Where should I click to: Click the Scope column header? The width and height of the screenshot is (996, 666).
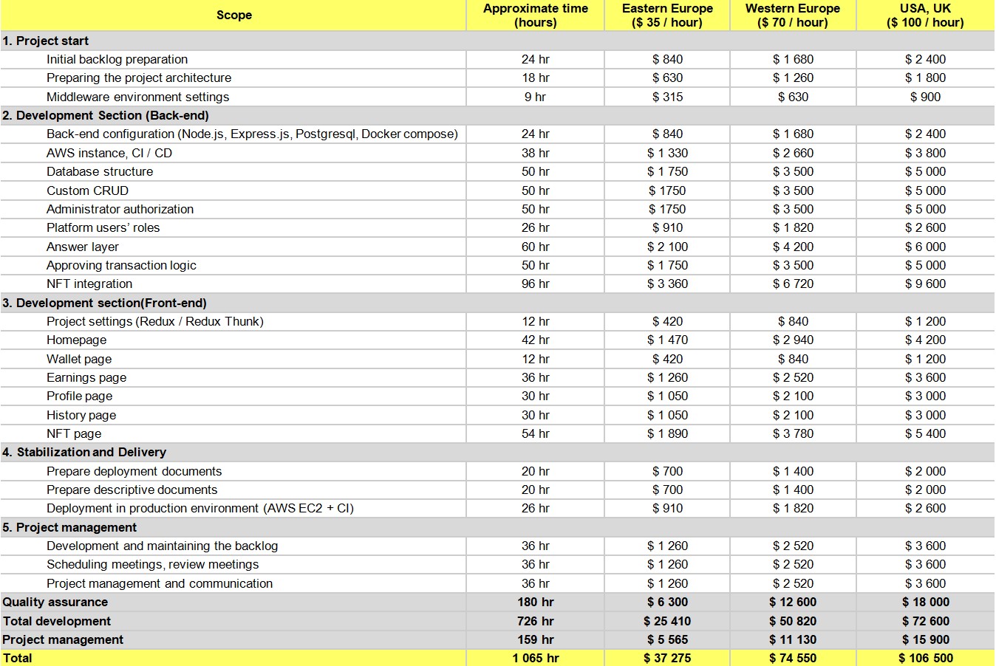point(233,15)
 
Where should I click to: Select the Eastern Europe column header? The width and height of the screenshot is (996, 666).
point(667,15)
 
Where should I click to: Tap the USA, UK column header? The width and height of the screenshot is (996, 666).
point(925,15)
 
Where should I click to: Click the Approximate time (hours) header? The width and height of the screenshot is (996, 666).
point(535,15)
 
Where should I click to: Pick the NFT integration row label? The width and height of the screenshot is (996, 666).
point(89,284)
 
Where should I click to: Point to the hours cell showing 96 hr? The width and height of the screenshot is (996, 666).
point(535,284)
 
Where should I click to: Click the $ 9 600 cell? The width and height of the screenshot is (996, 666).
point(925,284)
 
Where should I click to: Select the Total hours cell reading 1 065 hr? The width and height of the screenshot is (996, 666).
point(535,658)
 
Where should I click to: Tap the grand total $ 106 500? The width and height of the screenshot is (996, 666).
point(925,658)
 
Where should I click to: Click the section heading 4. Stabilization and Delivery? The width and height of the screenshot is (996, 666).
point(84,452)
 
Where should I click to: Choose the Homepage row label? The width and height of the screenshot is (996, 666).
point(76,340)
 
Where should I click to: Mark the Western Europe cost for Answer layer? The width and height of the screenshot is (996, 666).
point(793,247)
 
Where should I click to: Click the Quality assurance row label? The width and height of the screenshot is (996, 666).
point(55,602)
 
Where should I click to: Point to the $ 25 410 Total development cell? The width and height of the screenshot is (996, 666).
point(667,621)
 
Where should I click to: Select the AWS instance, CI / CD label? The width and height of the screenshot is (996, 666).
point(109,153)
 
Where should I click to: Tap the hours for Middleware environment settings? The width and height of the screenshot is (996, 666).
point(535,97)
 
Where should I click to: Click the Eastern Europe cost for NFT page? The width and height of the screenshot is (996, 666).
point(667,433)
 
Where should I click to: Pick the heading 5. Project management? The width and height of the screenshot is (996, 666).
point(69,527)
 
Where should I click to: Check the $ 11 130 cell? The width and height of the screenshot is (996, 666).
point(793,639)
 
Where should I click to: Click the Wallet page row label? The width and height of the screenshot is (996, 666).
point(79,359)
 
